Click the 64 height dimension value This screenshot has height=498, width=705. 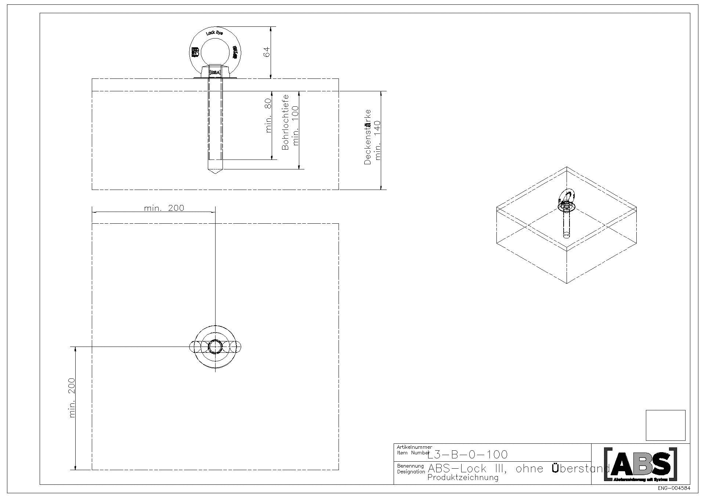click(x=267, y=52)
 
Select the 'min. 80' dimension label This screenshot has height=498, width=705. click(x=268, y=116)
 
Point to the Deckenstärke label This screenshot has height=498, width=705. click(x=368, y=137)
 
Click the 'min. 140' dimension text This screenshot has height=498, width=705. click(x=378, y=140)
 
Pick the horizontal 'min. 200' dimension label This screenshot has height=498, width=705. click(x=164, y=208)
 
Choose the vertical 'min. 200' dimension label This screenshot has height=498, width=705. click(x=72, y=398)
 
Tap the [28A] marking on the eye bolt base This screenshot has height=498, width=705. click(x=215, y=73)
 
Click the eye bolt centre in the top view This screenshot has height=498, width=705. click(x=215, y=347)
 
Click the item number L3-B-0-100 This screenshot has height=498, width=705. click(x=467, y=455)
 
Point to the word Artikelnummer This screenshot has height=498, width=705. click(x=414, y=447)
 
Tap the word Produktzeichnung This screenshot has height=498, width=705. click(x=463, y=477)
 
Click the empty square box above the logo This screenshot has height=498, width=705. click(x=665, y=425)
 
